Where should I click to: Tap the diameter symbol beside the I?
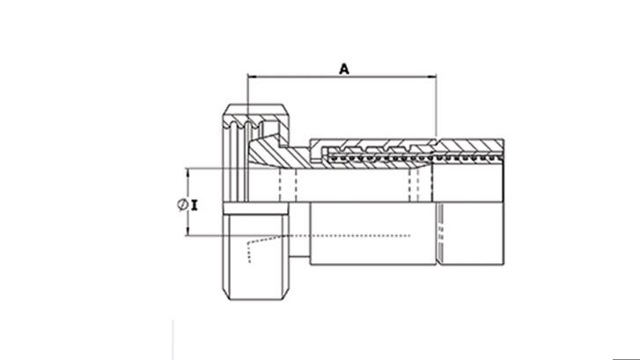[x=181, y=203]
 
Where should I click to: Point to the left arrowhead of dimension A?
[x=254, y=77]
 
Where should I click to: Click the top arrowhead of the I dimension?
[x=188, y=173]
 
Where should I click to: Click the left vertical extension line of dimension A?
[x=249, y=97]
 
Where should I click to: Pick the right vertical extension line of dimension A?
[x=436, y=106]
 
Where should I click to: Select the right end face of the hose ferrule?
[x=504, y=202]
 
